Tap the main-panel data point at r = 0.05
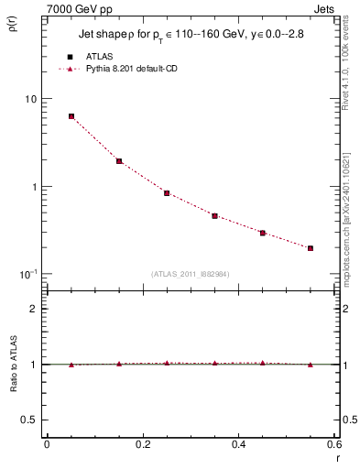[x=71, y=116]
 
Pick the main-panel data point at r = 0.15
[x=119, y=161]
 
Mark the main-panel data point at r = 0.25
[x=167, y=193]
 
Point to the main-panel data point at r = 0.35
[x=214, y=216]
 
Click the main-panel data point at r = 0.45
[x=262, y=234]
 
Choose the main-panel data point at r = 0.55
[x=311, y=248]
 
